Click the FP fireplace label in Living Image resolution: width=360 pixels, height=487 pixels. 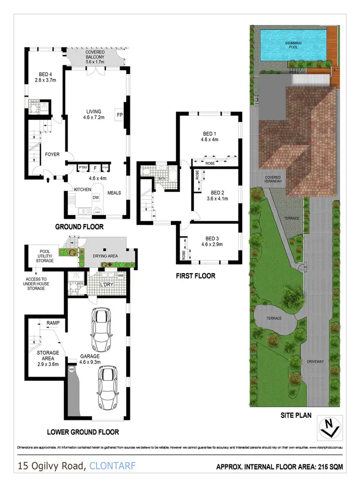coord(119,114)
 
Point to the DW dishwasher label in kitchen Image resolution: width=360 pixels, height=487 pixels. coord(96,197)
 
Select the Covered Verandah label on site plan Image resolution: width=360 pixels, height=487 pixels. coord(273,180)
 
